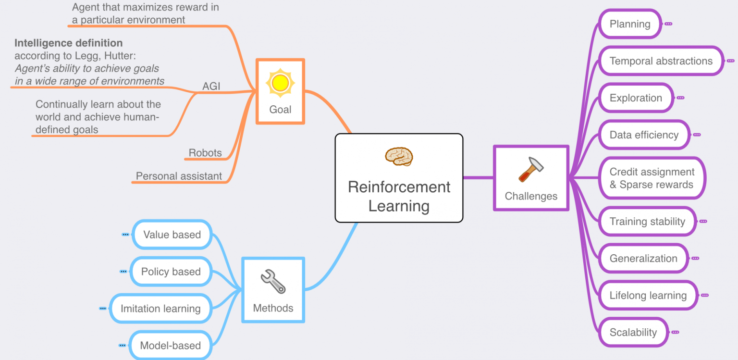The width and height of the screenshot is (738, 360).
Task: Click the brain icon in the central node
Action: coord(399,157)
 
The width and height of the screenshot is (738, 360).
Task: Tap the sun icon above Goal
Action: coord(280,83)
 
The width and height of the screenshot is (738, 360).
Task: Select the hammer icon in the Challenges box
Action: coord(531,169)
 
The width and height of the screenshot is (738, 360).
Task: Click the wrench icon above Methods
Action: coord(273,282)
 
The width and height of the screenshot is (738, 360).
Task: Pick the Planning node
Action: coord(629,24)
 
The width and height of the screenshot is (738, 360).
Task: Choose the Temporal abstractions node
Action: coord(661,61)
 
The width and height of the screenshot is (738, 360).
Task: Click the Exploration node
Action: coord(636,98)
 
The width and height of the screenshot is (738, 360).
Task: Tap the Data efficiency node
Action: coord(644,135)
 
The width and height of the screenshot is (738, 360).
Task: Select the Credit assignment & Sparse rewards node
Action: coord(652,178)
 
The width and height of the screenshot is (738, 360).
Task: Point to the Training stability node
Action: coord(647,222)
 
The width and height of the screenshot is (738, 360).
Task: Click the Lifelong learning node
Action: coord(648,296)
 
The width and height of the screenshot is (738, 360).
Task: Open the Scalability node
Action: coord(633,333)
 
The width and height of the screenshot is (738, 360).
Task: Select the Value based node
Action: coord(172,235)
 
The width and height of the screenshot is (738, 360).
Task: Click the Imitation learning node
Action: coord(160,309)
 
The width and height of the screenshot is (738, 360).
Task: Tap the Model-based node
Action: coord(170,346)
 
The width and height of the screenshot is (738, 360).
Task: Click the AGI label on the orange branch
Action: coord(211,87)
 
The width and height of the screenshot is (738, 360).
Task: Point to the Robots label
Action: coord(205,153)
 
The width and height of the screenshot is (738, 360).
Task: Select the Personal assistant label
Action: coord(179,176)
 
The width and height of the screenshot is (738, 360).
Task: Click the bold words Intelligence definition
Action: coord(68,43)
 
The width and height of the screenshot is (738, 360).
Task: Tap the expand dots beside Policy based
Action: coord(123,272)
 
